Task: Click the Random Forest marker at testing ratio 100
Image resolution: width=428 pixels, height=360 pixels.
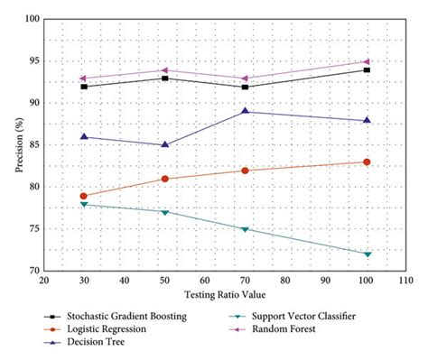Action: coord(367,61)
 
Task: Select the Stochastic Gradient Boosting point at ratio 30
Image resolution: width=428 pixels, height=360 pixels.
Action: coord(84,87)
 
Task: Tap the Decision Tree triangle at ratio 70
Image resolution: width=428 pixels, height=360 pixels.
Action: coord(246,111)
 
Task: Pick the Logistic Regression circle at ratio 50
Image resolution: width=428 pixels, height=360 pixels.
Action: coord(164,179)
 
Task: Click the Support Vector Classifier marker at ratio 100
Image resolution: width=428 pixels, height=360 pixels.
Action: coord(367,254)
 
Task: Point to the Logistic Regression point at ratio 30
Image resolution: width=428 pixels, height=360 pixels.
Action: coord(84,196)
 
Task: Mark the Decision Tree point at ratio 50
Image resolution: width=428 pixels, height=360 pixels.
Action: coord(164,144)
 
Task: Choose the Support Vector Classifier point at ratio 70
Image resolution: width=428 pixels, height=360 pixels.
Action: coord(246,229)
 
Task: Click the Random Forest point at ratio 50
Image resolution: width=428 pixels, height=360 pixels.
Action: coord(164,70)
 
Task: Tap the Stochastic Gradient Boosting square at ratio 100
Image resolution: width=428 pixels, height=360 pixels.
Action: coord(367,69)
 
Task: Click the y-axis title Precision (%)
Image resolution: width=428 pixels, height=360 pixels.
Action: coord(12,144)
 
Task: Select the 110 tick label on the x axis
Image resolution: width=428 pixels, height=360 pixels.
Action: coord(406,281)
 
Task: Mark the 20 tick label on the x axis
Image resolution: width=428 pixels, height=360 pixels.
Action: coord(43,281)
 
